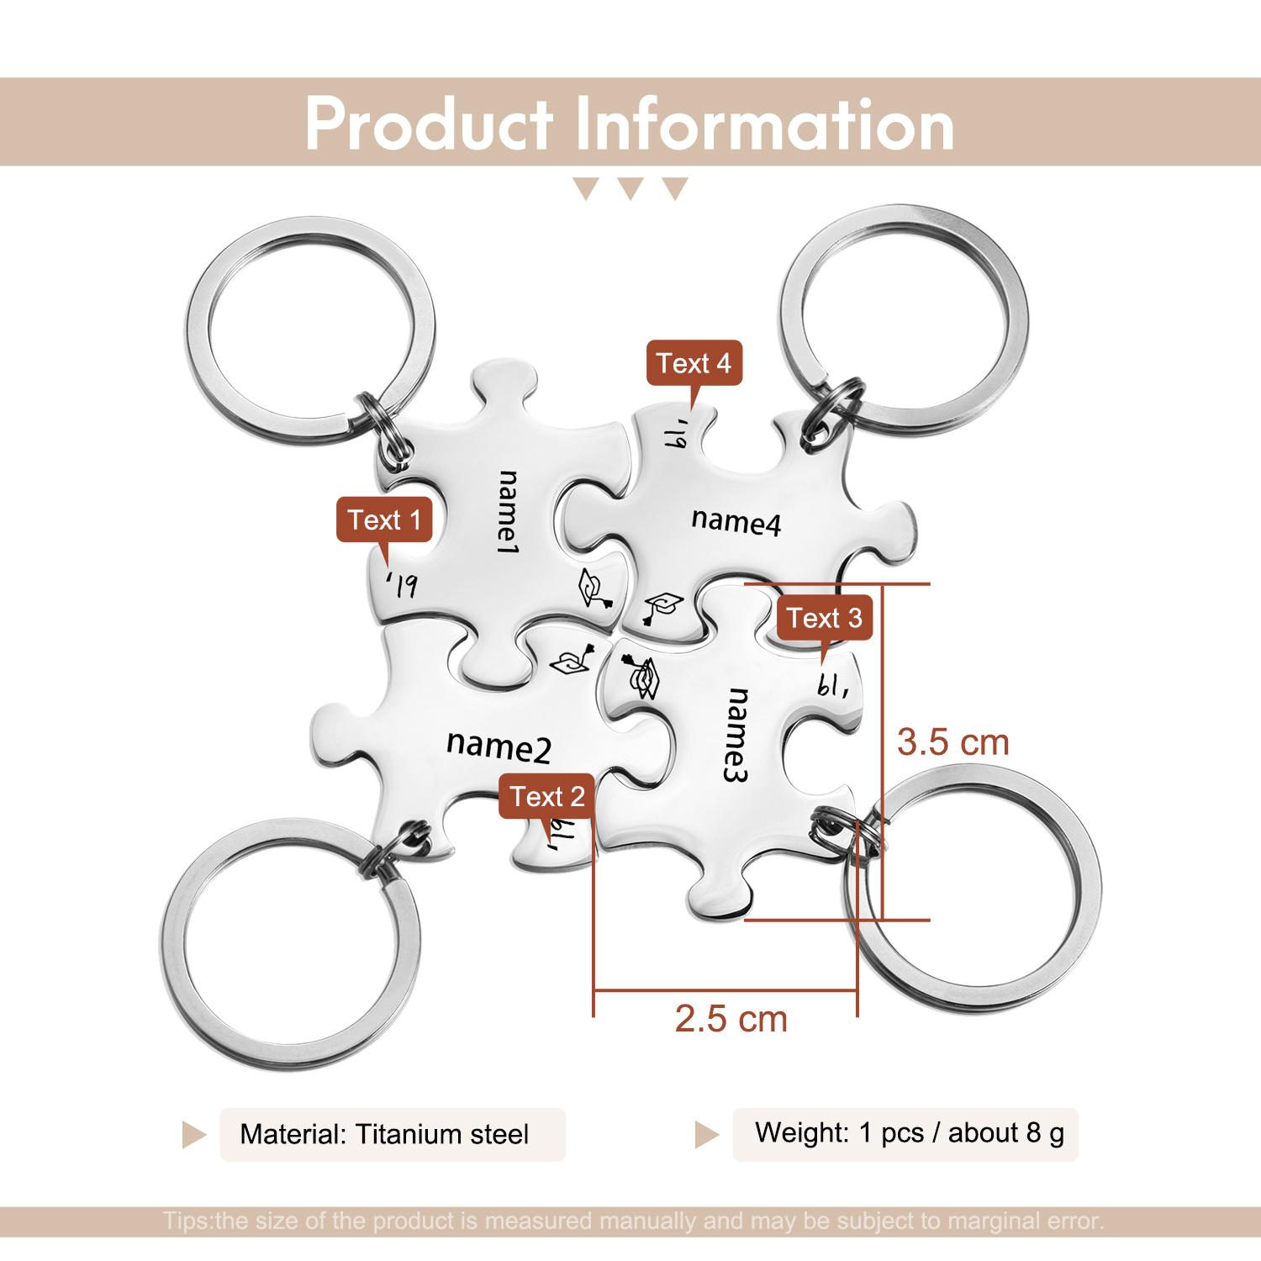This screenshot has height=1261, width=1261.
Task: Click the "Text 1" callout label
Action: pyautogui.click(x=384, y=520)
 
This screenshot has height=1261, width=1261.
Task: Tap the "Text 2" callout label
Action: pyautogui.click(x=547, y=796)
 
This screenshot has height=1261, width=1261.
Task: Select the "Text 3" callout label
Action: pyautogui.click(x=824, y=618)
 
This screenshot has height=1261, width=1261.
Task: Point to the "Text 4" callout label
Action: pyautogui.click(x=694, y=363)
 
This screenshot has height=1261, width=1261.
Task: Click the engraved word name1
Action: pyautogui.click(x=508, y=512)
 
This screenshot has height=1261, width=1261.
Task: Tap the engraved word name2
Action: pyautogui.click(x=499, y=746)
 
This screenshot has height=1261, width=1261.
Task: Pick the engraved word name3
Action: pyautogui.click(x=736, y=735)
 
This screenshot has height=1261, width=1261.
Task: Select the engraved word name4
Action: pyautogui.click(x=736, y=521)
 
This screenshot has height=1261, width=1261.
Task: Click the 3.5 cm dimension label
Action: pyautogui.click(x=952, y=742)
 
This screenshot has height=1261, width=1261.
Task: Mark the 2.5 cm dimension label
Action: pyautogui.click(x=731, y=1019)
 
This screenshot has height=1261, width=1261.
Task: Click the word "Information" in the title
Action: pyautogui.click(x=765, y=124)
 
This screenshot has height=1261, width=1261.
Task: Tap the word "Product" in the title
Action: pyautogui.click(x=429, y=124)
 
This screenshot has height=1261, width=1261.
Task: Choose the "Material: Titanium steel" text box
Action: pyautogui.click(x=393, y=1134)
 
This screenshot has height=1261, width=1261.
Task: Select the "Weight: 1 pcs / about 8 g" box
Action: pyautogui.click(x=905, y=1134)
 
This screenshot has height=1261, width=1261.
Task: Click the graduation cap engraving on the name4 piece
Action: pyautogui.click(x=663, y=606)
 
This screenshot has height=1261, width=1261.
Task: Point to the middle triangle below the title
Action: pyautogui.click(x=630, y=187)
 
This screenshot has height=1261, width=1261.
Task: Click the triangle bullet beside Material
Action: pyautogui.click(x=193, y=1135)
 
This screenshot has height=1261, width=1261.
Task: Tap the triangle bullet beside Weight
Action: pyautogui.click(x=706, y=1135)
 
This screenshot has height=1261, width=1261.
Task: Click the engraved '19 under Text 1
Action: pyautogui.click(x=403, y=584)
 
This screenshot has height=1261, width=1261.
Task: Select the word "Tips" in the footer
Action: pyautogui.click(x=187, y=1221)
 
